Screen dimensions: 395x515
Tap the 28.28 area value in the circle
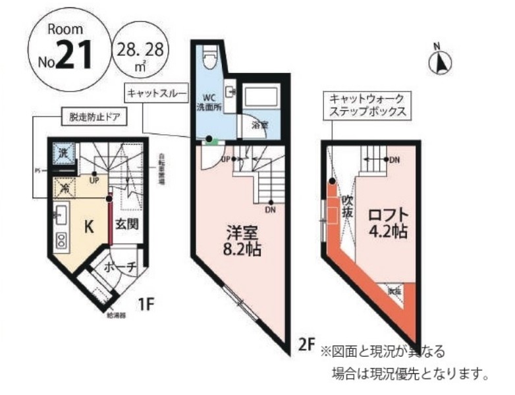point(140,48)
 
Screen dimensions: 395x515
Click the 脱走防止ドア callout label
point(94,119)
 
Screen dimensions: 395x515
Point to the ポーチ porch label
point(120,267)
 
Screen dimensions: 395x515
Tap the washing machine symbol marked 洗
point(65,153)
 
